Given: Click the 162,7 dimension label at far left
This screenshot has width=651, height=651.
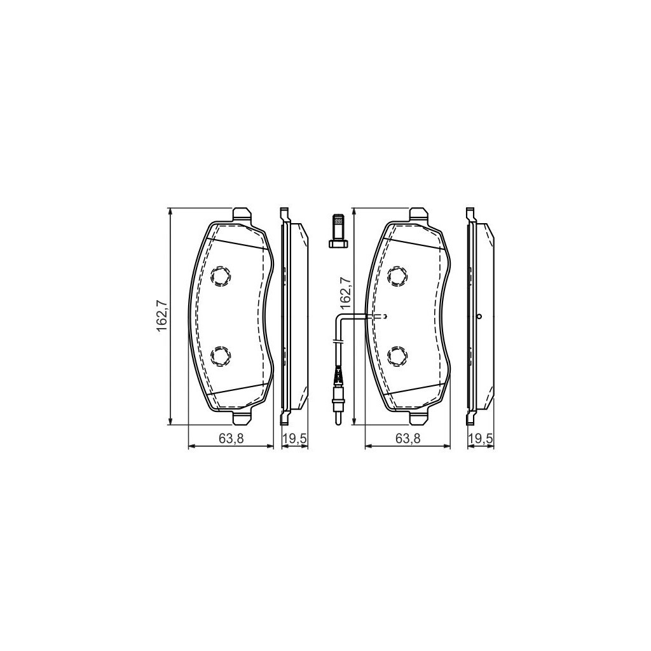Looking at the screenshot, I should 161,316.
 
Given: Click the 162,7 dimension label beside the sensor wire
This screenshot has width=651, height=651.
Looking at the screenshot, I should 345,291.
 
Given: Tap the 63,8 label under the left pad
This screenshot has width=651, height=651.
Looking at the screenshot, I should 231,438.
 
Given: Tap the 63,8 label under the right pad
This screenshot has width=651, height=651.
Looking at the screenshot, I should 408,438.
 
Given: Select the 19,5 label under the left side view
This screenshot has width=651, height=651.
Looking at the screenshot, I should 296,438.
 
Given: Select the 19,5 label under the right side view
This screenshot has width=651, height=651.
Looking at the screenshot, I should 481,438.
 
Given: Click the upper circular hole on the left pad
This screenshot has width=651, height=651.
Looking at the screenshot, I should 221,275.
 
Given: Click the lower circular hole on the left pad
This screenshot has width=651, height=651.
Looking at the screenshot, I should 221,355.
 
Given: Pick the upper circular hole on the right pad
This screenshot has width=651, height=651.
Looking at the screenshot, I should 397,275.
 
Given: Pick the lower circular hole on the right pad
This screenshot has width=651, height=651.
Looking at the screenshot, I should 397,355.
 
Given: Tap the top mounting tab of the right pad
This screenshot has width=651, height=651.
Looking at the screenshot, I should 419,215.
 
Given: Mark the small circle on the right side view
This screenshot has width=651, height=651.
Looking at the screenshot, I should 479,317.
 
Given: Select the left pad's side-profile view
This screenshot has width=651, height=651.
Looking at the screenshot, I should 293,316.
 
